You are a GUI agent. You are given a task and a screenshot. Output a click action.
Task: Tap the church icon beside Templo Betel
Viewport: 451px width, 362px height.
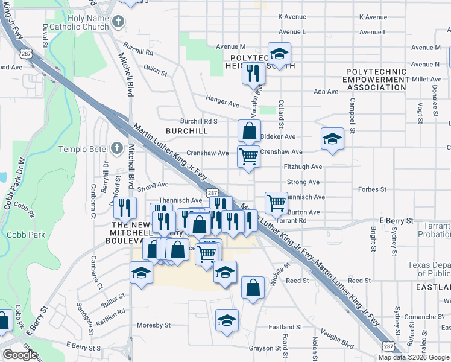(x=118, y=148)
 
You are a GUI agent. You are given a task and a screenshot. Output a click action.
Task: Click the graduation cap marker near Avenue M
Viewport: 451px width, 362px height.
(x=279, y=55)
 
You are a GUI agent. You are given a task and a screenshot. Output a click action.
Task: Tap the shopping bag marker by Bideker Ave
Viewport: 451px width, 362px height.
(x=248, y=130)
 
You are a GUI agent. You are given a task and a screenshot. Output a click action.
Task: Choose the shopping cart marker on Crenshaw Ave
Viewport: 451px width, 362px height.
(x=248, y=157)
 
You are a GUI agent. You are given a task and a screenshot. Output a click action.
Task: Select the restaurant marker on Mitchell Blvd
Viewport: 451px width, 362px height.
(x=124, y=208)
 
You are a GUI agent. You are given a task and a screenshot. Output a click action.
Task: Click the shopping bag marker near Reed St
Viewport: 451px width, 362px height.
(x=253, y=288)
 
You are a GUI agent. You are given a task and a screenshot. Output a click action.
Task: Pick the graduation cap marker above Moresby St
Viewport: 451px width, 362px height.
(x=227, y=320)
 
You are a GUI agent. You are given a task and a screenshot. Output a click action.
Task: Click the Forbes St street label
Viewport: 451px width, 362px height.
(x=373, y=189)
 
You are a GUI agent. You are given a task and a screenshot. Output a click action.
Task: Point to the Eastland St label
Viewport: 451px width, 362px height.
(x=285, y=327)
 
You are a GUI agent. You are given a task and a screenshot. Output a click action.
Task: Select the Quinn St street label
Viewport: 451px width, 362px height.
(x=156, y=71)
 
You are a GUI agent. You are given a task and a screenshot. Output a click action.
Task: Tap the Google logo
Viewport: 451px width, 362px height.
(x=20, y=355)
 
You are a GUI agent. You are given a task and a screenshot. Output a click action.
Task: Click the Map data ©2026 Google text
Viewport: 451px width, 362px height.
(x=413, y=357)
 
